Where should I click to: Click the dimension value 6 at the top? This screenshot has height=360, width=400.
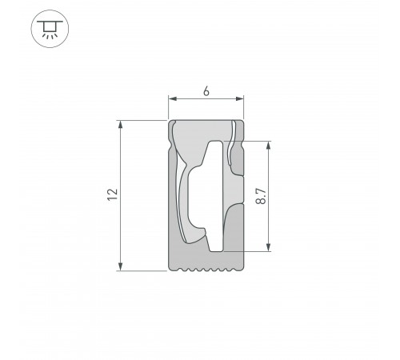tap(206, 91)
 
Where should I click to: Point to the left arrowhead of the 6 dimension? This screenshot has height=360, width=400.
tap(171, 99)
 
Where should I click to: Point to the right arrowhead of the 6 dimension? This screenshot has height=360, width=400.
tap(241, 99)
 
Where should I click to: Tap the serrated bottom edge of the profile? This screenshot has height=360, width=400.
tap(206, 270)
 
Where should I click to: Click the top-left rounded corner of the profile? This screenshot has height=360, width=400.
tap(171, 124)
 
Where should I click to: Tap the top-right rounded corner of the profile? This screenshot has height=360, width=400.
tap(242, 124)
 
